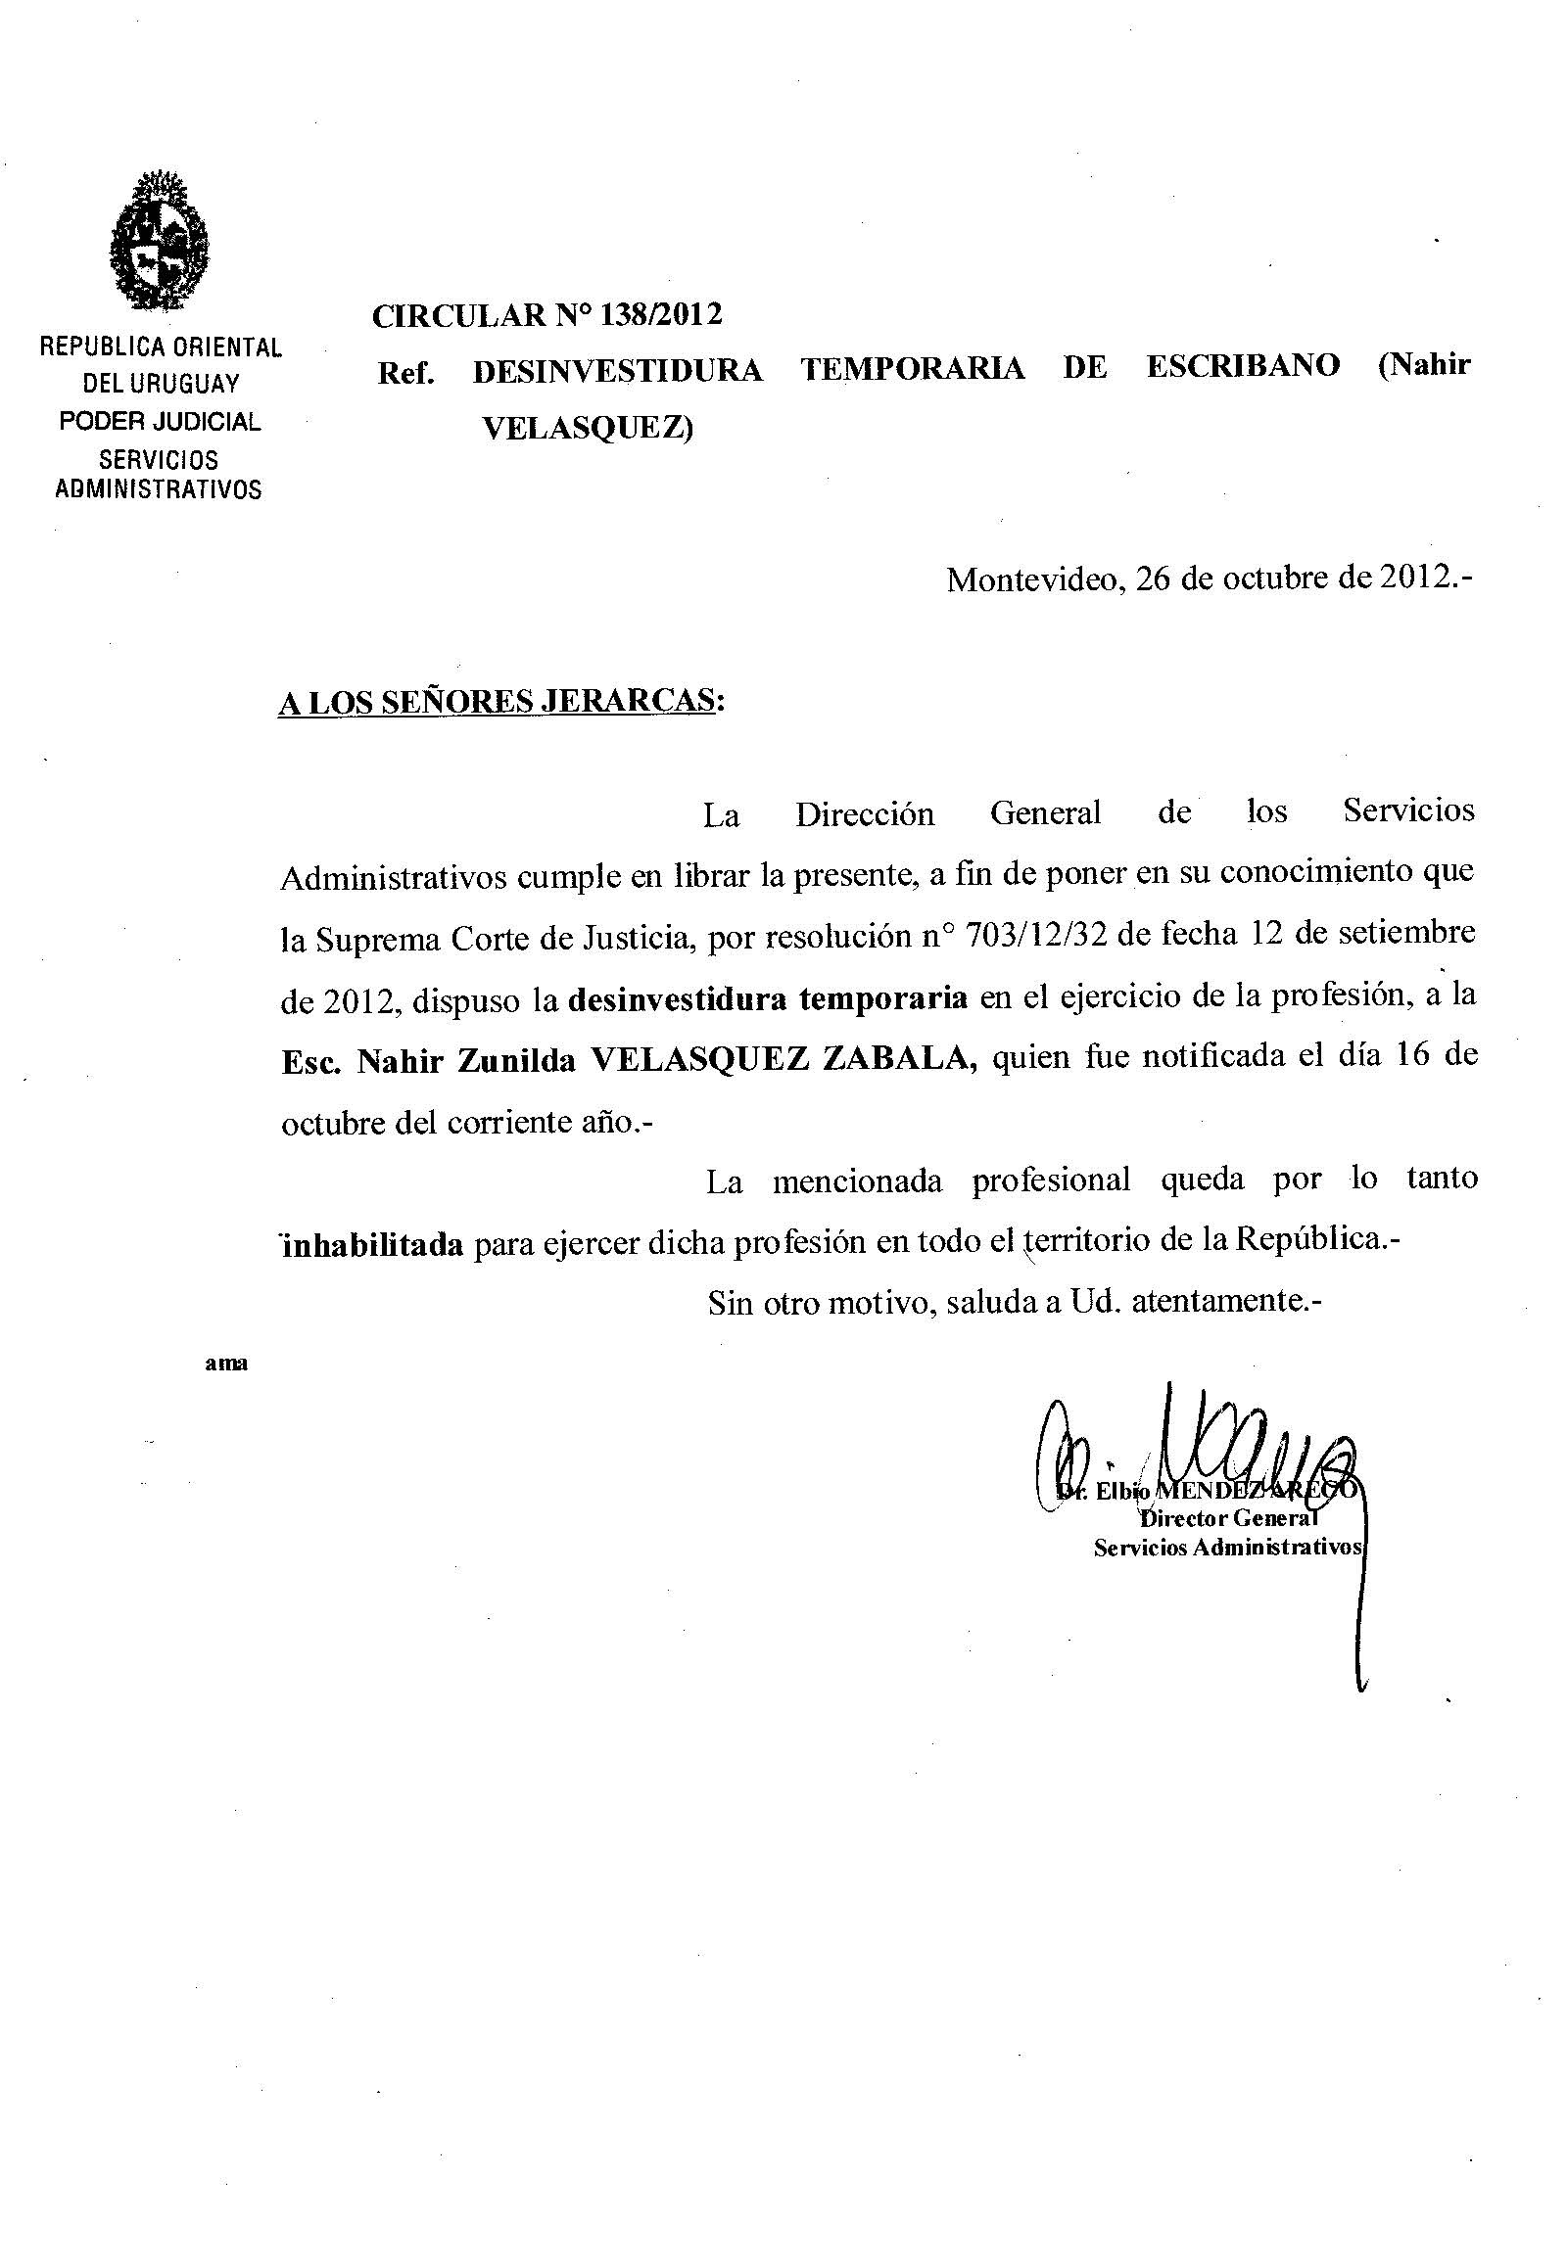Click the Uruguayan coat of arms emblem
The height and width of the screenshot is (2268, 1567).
(159, 242)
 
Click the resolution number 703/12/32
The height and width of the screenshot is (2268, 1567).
(1038, 936)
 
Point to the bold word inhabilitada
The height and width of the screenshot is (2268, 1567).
(373, 1245)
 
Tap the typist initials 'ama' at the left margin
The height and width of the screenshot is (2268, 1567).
(226, 1364)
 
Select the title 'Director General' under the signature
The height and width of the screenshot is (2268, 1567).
(1227, 1519)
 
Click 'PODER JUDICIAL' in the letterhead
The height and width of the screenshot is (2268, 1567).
(160, 422)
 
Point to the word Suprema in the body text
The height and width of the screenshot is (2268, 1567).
(379, 940)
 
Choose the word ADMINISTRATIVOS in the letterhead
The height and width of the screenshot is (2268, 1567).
(159, 489)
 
